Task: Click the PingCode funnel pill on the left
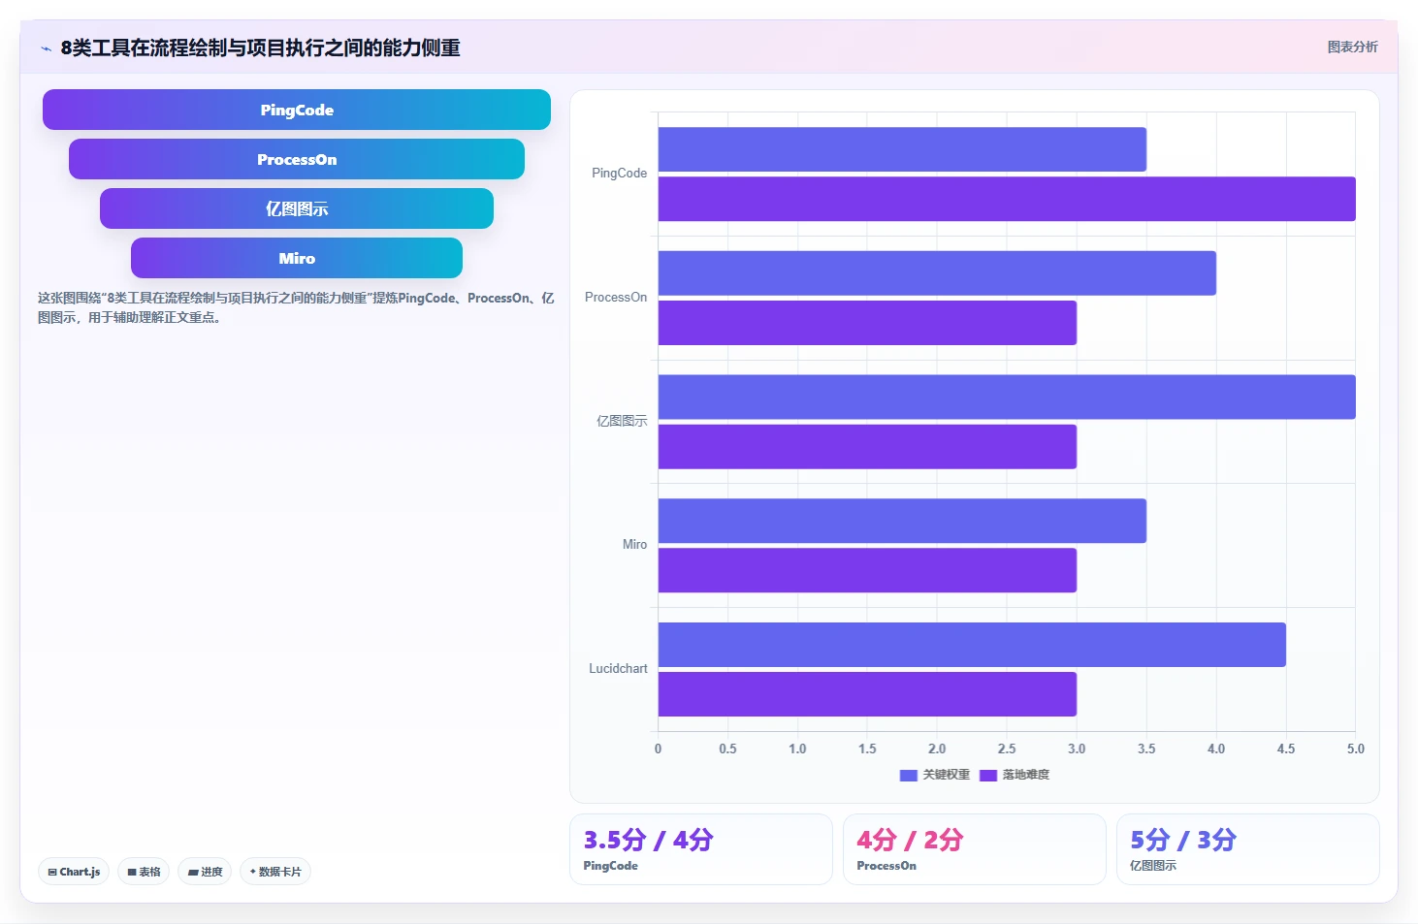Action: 296,110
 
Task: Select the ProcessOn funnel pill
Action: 296,159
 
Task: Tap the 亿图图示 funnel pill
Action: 296,208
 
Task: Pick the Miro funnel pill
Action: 296,258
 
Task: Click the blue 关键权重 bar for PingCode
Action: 902,149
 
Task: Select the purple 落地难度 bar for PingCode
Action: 1007,199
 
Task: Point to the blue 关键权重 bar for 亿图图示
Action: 1007,397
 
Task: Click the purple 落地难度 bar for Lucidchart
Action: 867,693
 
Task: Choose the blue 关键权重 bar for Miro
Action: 902,521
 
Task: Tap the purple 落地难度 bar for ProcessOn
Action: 867,323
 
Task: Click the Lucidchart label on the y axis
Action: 618,668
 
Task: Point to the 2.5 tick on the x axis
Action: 1007,749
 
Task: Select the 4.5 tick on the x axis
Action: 1286,749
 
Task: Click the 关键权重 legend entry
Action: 934,775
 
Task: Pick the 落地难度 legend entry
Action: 1015,775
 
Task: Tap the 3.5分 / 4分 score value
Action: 648,840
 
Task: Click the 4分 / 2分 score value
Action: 910,840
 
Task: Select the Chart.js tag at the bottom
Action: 74,872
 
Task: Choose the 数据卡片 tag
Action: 274,872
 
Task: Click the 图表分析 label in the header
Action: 1352,47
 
